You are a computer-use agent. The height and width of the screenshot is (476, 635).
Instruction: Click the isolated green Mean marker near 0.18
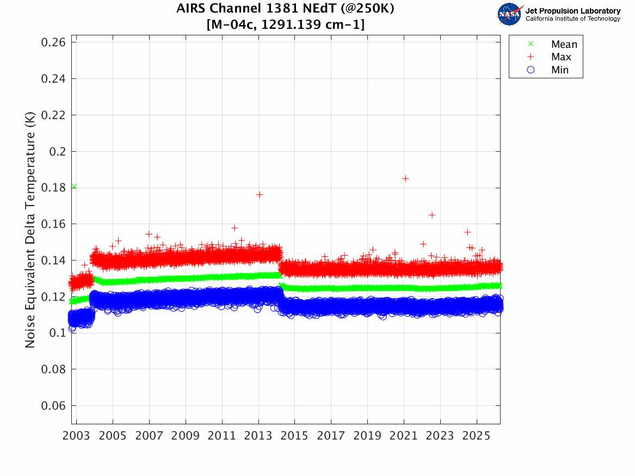pyautogui.click(x=73, y=187)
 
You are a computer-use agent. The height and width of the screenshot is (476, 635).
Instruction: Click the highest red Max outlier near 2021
pyautogui.click(x=405, y=178)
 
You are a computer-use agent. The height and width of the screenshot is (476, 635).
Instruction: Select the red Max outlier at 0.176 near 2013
pyautogui.click(x=260, y=195)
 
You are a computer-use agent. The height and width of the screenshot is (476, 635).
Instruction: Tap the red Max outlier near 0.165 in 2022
pyautogui.click(x=431, y=215)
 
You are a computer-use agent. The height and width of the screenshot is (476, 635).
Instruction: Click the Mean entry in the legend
pyautogui.click(x=564, y=44)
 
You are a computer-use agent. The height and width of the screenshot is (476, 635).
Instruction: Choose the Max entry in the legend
pyautogui.click(x=561, y=57)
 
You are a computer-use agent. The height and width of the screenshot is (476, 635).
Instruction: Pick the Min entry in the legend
pyautogui.click(x=560, y=70)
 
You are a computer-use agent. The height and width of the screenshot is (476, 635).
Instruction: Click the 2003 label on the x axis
pyautogui.click(x=77, y=437)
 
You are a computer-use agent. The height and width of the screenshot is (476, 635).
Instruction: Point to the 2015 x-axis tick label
pyautogui.click(x=294, y=437)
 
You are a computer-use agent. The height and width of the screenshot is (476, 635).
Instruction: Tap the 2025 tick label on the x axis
pyautogui.click(x=476, y=437)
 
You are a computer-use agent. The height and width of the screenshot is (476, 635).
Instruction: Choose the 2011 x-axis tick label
pyautogui.click(x=222, y=437)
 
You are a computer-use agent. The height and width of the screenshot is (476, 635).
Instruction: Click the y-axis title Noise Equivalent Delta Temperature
pyautogui.click(x=30, y=233)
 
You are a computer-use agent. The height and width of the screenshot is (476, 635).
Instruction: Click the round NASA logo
pyautogui.click(x=510, y=14)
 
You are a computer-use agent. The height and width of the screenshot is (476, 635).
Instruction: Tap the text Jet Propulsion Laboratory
pyautogui.click(x=572, y=11)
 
